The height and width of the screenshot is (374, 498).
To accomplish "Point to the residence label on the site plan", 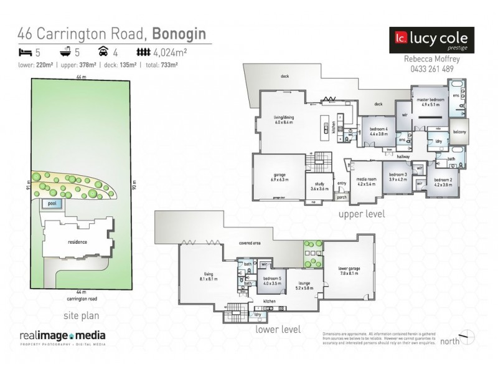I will point(78,242).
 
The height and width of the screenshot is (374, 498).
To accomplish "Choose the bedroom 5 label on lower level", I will point(271,280).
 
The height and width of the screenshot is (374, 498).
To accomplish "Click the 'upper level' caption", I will point(361,214).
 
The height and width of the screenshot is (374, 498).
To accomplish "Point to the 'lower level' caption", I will point(278,330).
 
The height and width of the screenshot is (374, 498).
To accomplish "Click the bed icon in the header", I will point(25,53).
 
